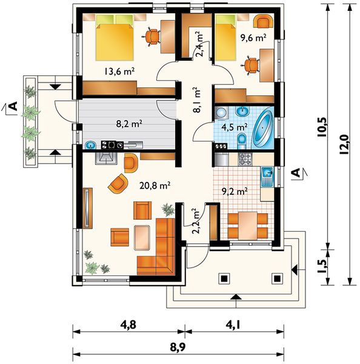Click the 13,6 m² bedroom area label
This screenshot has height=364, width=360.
119,72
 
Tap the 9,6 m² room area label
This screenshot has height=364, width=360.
253,38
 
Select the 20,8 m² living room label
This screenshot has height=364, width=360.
155,186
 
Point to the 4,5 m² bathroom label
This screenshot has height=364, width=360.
235,127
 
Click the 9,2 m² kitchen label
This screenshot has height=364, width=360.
235,191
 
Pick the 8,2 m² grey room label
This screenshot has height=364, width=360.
129,124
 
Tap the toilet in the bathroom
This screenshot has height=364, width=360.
242,141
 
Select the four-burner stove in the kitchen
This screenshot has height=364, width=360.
245,159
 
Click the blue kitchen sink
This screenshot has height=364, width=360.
267,177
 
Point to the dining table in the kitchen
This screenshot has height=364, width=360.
248,225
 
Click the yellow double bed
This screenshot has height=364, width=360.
115,38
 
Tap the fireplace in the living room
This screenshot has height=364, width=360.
106,159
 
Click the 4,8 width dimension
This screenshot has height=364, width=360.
128,325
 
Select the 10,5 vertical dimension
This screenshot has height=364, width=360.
322,127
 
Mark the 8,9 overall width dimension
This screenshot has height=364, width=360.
178,348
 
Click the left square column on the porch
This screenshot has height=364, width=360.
224,278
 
